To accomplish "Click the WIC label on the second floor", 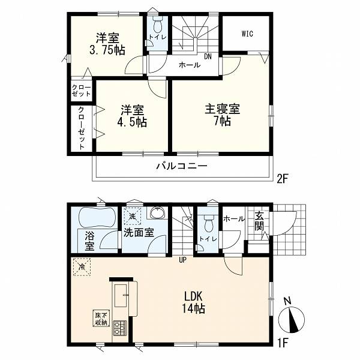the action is [x=247, y=34].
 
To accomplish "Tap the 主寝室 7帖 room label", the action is [x=222, y=115].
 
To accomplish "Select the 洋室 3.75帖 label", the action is [x=107, y=44].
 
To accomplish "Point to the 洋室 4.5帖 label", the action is [x=132, y=116].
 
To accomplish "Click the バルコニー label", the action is [x=182, y=166].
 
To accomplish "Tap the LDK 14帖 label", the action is [x=194, y=302].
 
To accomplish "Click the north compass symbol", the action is [x=292, y=319].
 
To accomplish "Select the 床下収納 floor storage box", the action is [x=101, y=318].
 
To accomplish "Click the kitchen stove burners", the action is [x=119, y=328].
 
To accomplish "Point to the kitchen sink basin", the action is [x=121, y=296].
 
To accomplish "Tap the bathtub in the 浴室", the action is [x=97, y=217].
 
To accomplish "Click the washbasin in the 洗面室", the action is [x=157, y=212].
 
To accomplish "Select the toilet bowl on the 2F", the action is [x=157, y=25].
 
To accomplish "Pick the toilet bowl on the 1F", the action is [x=208, y=223].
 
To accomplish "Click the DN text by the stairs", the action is [x=208, y=57].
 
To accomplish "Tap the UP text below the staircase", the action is [x=183, y=260].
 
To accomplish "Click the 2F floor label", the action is [x=282, y=179].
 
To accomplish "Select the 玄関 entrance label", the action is [x=259, y=221].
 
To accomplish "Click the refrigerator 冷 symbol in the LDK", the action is [x=82, y=267].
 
